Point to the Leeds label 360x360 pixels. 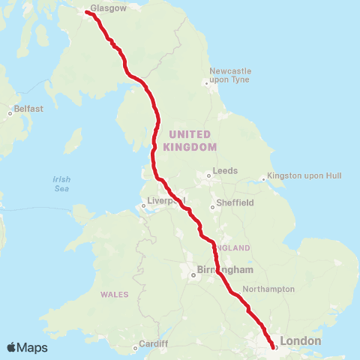tap(225, 171)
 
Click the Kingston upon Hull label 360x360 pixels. tap(304, 175)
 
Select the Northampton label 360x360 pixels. tap(268, 289)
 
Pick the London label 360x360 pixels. tap(300, 340)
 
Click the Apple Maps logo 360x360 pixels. tap(28, 347)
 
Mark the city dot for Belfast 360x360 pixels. tap(10, 113)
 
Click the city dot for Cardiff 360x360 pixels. tap(135, 346)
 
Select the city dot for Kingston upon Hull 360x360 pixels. tap(263, 178)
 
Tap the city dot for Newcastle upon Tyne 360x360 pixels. tap(208, 82)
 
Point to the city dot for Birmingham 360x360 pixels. tap(193, 275)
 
